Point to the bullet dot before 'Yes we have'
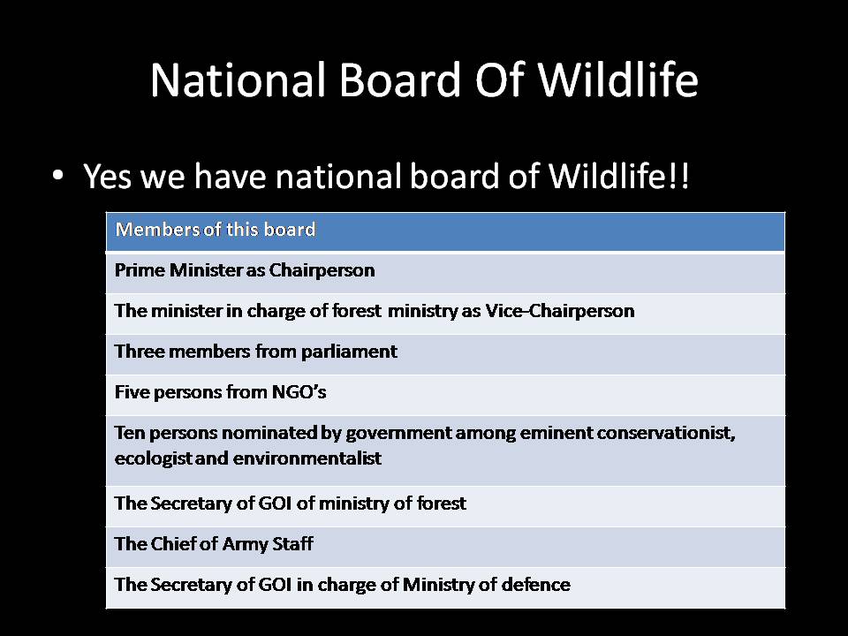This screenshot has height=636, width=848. point(58,176)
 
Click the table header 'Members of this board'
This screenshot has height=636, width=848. point(216,230)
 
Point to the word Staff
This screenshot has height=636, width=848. point(292,544)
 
